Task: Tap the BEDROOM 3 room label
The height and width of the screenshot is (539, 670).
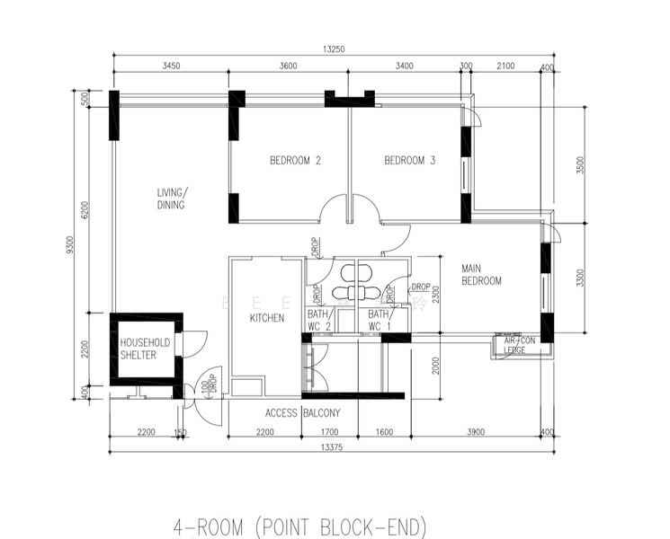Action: coord(410,162)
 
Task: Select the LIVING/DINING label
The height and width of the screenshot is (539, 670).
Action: coord(171,199)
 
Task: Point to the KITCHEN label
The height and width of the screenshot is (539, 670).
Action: coord(266,318)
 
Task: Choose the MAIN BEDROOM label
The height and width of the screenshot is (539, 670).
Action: coord(481,275)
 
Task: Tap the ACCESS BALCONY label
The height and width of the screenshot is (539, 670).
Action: coord(302,413)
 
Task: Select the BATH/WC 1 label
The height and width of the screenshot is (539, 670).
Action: coord(379,321)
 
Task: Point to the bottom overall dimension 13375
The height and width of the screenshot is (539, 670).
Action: coord(332,446)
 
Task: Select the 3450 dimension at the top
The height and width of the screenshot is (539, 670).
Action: coord(171,66)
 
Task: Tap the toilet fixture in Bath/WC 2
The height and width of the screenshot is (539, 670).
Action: coord(342,293)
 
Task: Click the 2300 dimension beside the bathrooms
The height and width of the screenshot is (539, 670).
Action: coord(433,294)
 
